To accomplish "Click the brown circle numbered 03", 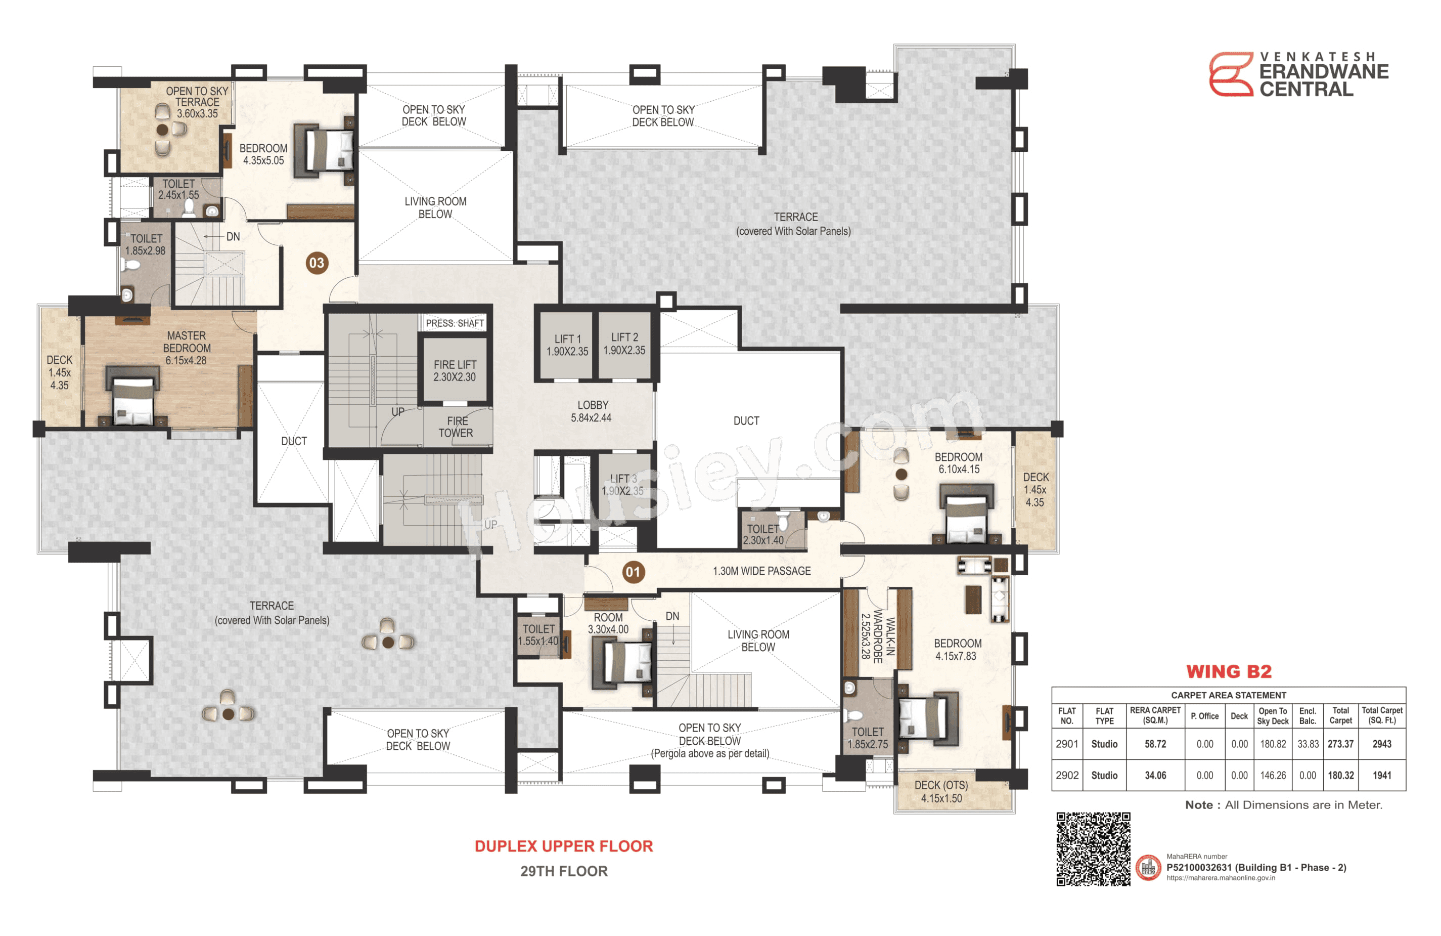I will (x=317, y=263).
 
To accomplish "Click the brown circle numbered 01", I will (x=633, y=572).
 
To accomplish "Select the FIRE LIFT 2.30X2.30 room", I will (x=454, y=371).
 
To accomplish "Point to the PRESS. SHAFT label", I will (x=455, y=323).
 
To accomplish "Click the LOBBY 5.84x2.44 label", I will (x=592, y=411).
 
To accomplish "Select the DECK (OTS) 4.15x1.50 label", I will (x=941, y=792).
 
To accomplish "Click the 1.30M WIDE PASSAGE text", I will (x=761, y=571).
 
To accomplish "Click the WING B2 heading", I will (x=1229, y=672).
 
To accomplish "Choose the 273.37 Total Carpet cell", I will (x=1340, y=744).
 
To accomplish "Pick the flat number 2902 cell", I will (x=1066, y=776).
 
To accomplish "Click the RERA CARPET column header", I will (x=1155, y=715).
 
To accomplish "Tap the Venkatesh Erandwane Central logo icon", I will (x=1230, y=74).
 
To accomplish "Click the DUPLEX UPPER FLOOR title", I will (x=563, y=846).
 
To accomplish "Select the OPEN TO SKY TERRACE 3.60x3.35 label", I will (x=197, y=102).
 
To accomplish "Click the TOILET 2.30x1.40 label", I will (x=763, y=534).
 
